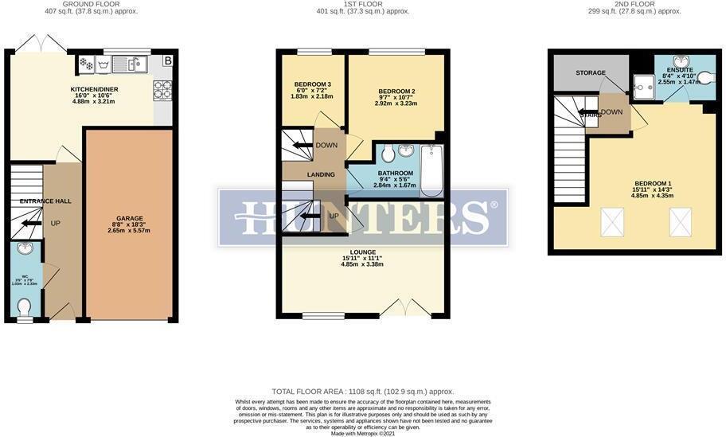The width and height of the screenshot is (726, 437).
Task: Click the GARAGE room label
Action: (129, 218)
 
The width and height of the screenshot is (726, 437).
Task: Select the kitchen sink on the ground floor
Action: (131, 64)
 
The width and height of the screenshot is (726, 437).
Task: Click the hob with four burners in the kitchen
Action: (162, 92)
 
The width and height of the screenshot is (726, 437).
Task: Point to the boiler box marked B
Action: (167, 61)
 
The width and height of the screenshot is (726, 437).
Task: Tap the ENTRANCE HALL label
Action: (45, 201)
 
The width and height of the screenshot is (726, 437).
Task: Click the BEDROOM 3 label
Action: (312, 84)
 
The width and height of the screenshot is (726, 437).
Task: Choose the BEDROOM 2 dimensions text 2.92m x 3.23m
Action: (396, 103)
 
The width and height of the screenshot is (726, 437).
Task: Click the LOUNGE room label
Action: (362, 252)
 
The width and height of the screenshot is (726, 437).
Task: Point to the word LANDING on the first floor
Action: (321, 174)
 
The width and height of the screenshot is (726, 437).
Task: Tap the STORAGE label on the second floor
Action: (591, 73)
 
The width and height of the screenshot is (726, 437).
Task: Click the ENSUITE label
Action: (679, 70)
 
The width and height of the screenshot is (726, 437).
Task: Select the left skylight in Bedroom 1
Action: (611, 221)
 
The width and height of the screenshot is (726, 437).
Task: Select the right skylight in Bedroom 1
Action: (681, 221)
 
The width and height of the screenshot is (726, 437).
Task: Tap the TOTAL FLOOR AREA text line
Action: (362, 392)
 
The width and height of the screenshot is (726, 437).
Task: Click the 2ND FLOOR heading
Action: (634, 4)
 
